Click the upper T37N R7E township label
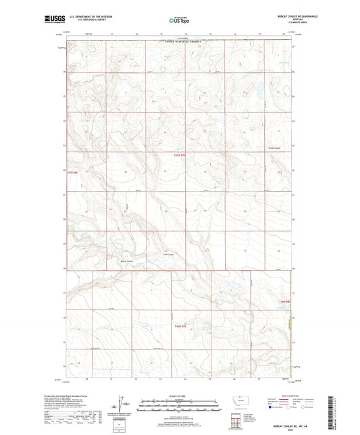point(178,155)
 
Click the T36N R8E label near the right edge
point(284,301)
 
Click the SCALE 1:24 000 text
point(179,396)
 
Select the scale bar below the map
point(179,405)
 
